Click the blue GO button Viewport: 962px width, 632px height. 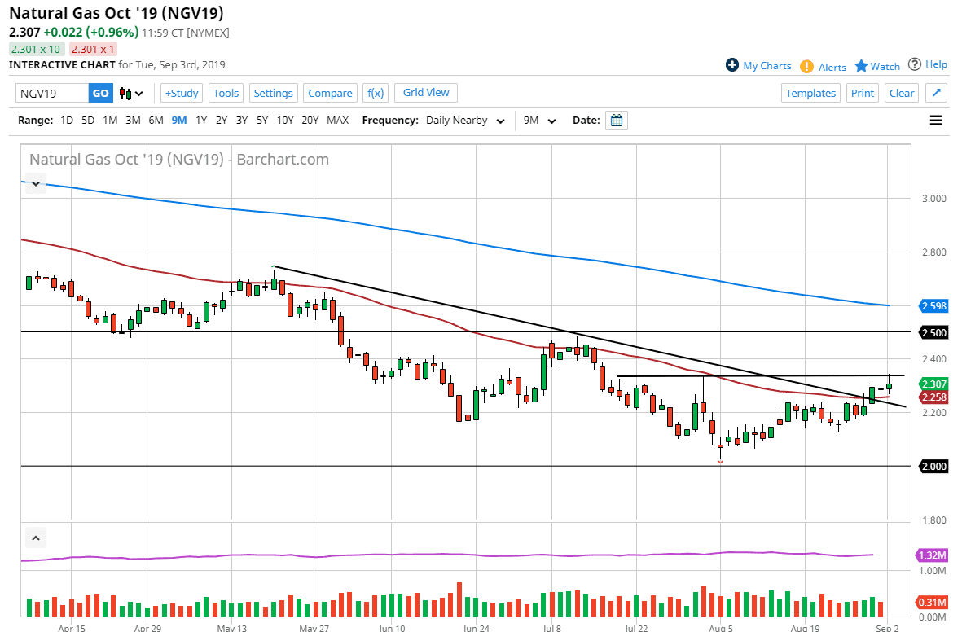[100, 93]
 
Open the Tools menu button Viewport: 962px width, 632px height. [226, 93]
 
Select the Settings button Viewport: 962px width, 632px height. [273, 93]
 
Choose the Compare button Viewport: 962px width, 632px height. [330, 93]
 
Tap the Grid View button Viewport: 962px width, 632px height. [426, 93]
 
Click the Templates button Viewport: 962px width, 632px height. [810, 93]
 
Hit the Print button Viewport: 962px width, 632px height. [863, 93]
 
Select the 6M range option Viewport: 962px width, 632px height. [156, 121]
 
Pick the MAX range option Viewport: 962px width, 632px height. [337, 121]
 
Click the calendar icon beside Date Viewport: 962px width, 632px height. [617, 121]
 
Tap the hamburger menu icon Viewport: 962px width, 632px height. [936, 121]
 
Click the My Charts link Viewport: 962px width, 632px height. [758, 66]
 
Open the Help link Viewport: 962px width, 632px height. [928, 64]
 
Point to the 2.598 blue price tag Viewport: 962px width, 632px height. [933, 306]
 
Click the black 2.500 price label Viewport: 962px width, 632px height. [933, 332]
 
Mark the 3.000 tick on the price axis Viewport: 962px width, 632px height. [933, 199]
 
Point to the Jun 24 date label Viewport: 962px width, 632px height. [477, 629]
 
